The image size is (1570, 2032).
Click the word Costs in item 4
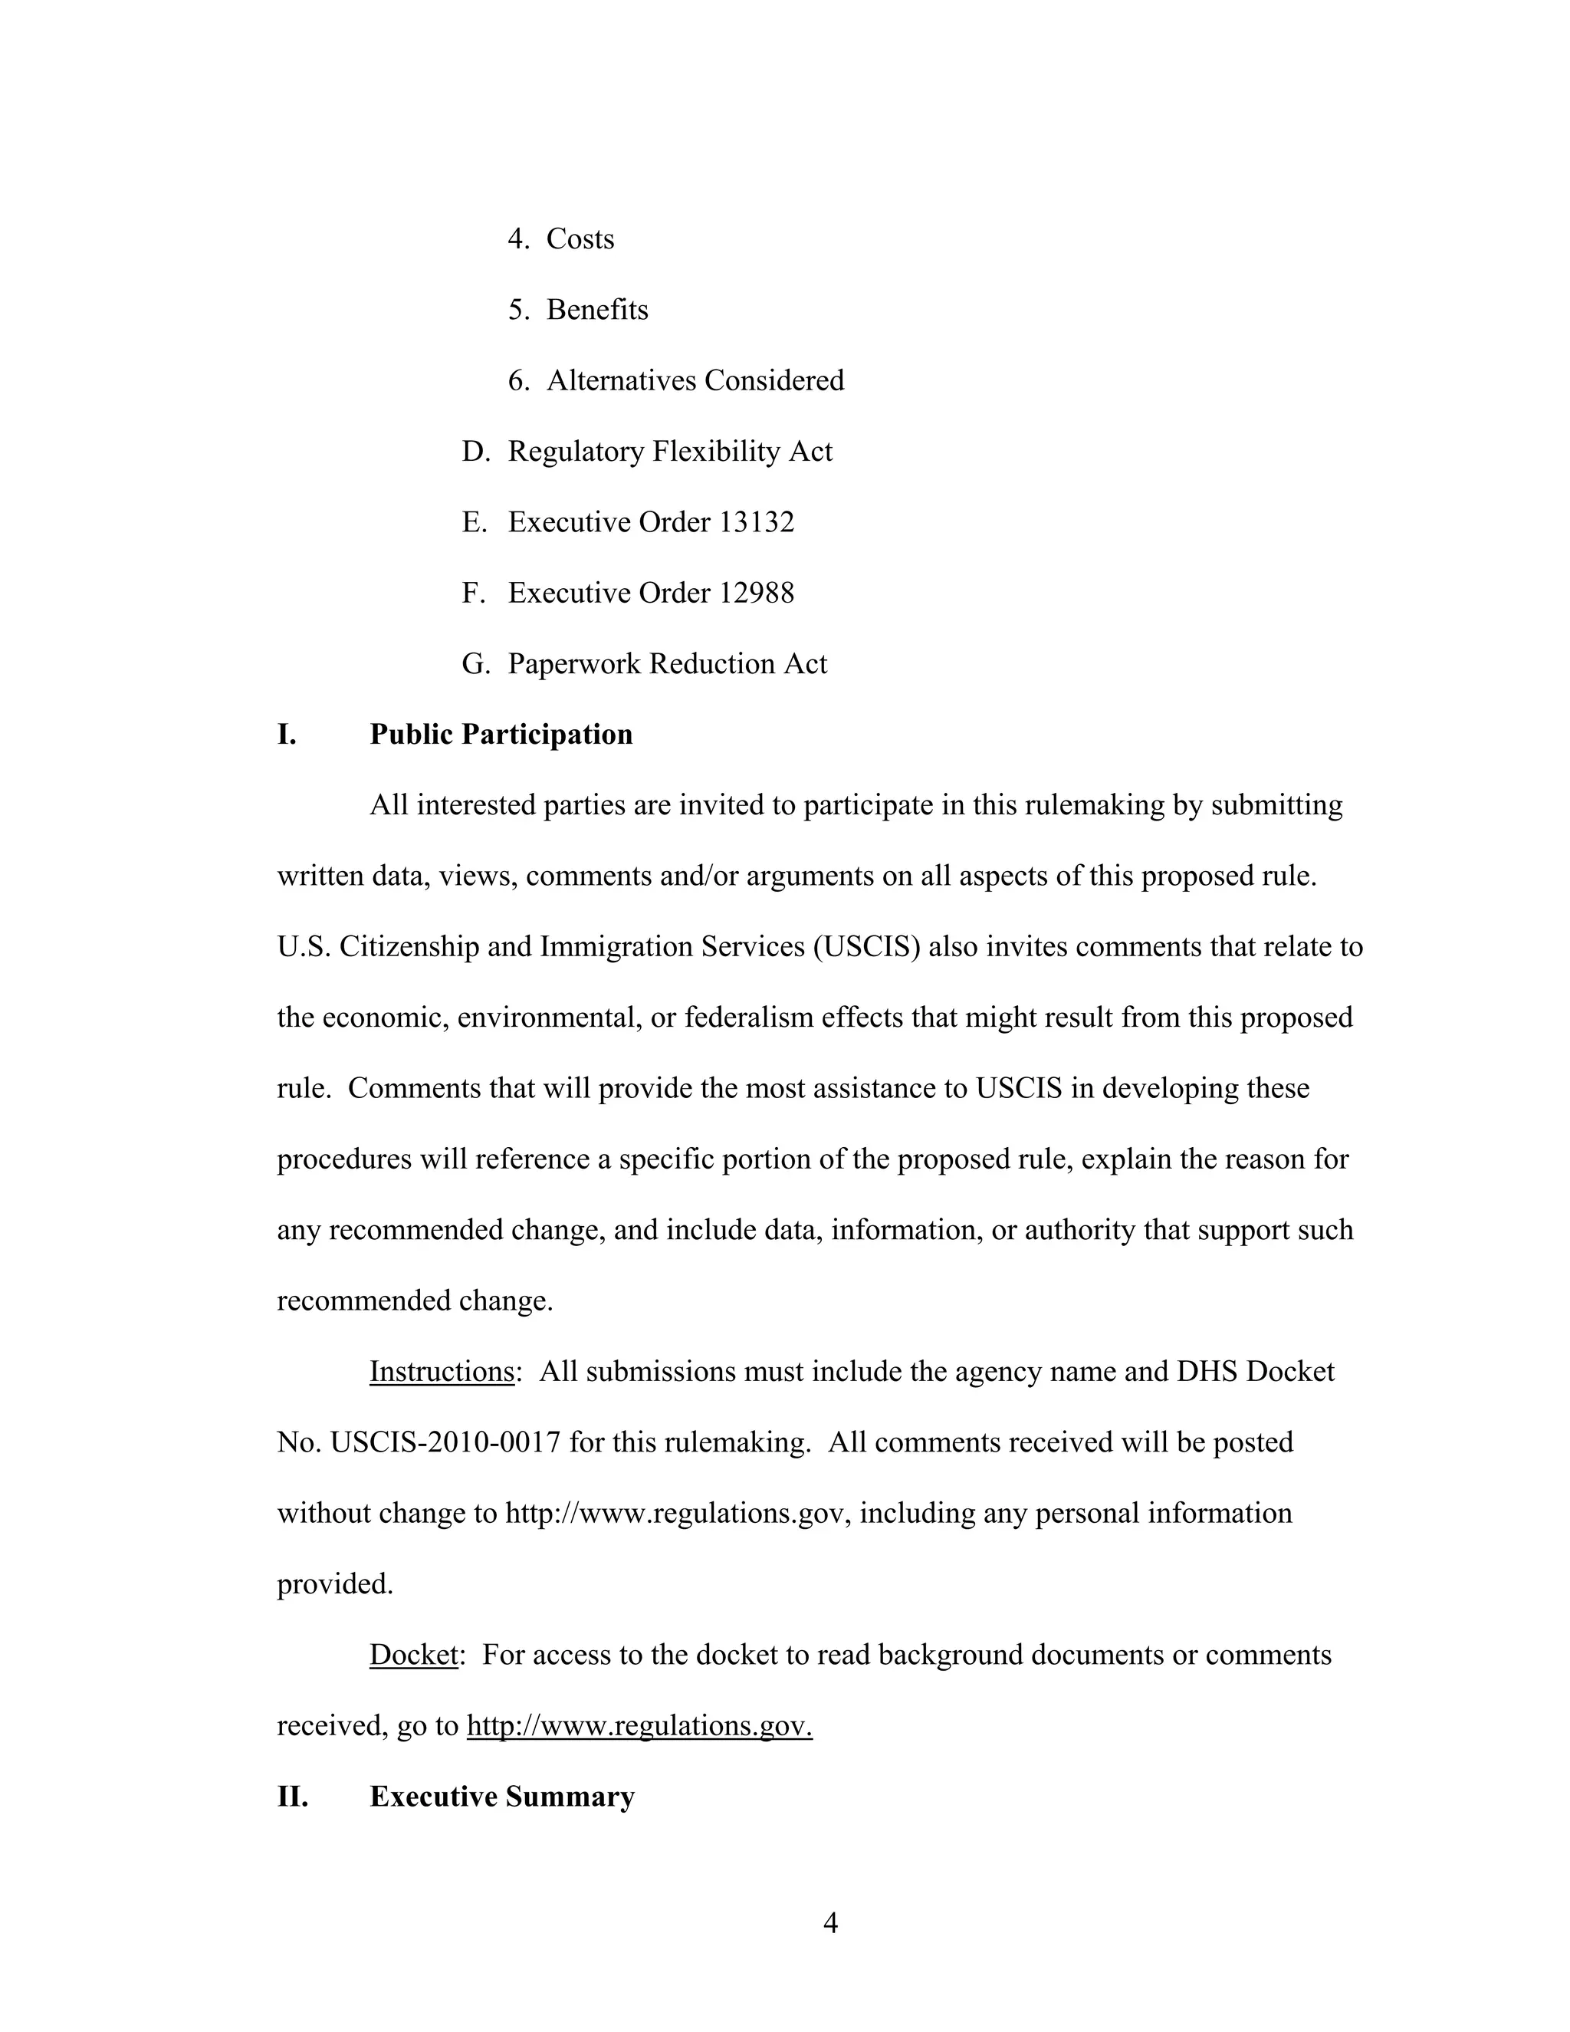[580, 239]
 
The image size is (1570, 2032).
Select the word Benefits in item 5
[597, 310]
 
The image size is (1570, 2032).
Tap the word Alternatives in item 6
[620, 380]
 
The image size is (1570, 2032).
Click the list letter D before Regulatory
[475, 451]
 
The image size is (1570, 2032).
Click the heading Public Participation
[501, 734]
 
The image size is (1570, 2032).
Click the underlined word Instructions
[442, 1372]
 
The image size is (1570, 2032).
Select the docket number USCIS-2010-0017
[445, 1442]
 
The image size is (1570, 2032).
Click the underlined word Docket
[414, 1654]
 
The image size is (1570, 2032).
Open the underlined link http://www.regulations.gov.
[639, 1726]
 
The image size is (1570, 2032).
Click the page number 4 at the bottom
[830, 1922]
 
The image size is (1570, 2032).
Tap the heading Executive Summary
[501, 1796]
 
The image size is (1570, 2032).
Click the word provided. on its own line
[335, 1583]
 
